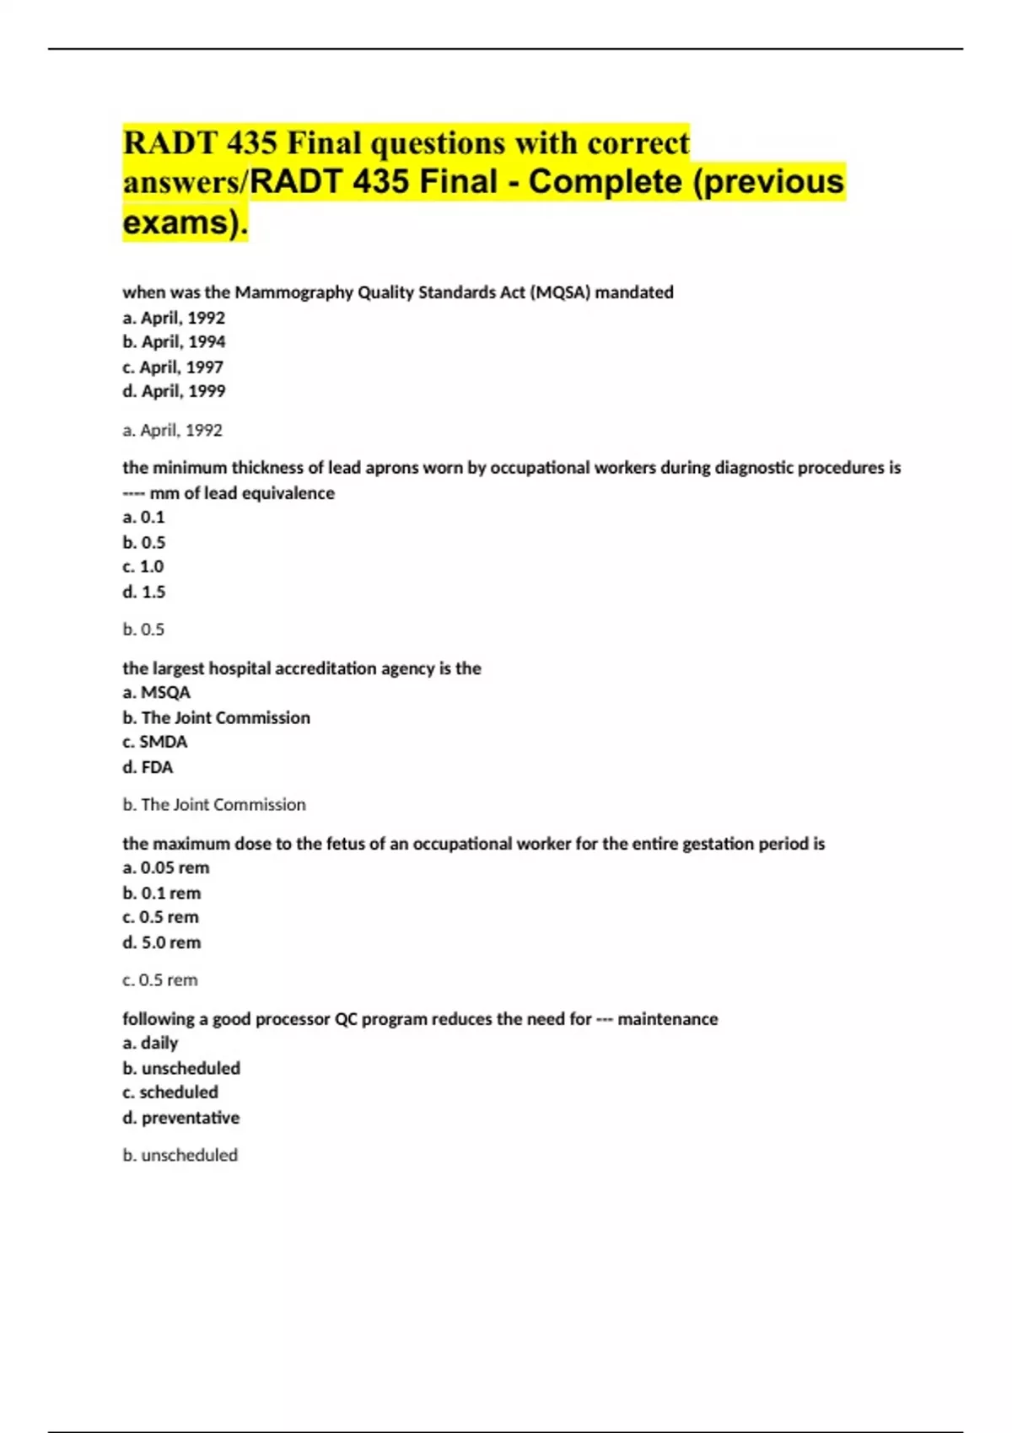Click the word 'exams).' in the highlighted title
pyautogui.click(x=186, y=223)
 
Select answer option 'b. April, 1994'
pyautogui.click(x=174, y=342)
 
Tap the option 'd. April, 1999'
pyautogui.click(x=174, y=391)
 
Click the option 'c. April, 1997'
pyautogui.click(x=173, y=368)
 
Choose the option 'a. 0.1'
pyautogui.click(x=143, y=518)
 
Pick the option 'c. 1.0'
pyautogui.click(x=143, y=566)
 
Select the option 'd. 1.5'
pyautogui.click(x=144, y=592)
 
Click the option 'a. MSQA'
pyautogui.click(x=157, y=693)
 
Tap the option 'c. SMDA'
pyautogui.click(x=155, y=742)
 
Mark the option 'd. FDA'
pyautogui.click(x=148, y=767)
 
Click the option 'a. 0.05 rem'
pyautogui.click(x=166, y=868)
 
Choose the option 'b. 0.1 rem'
pyautogui.click(x=162, y=894)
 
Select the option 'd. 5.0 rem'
pyautogui.click(x=162, y=942)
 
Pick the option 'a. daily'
pyautogui.click(x=150, y=1044)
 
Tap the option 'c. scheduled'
pyautogui.click(x=170, y=1092)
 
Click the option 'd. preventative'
pyautogui.click(x=181, y=1118)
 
